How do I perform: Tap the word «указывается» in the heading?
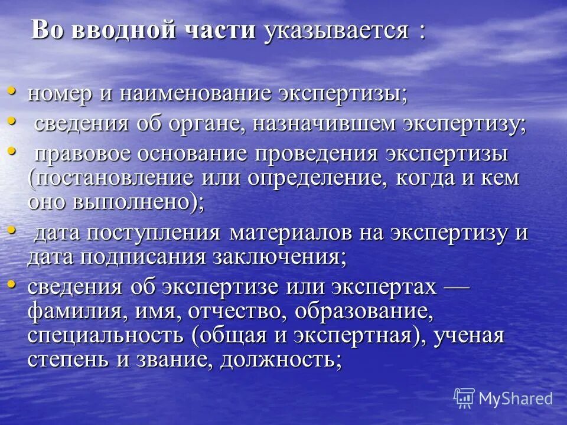[x=337, y=30]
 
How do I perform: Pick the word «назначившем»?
[x=315, y=125]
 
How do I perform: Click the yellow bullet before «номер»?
[x=12, y=92]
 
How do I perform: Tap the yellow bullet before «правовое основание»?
[x=12, y=152]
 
